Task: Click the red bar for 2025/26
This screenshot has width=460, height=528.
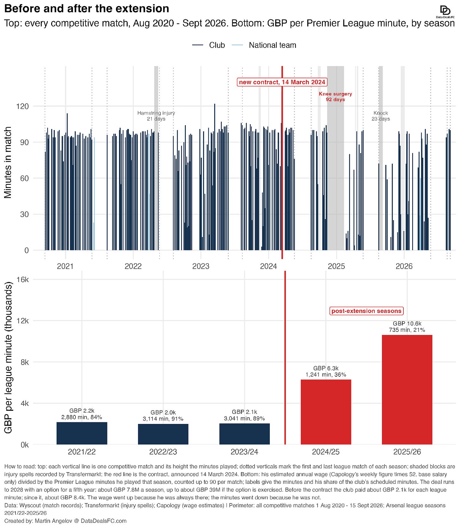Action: click(x=407, y=390)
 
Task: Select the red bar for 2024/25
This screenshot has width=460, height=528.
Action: click(x=326, y=412)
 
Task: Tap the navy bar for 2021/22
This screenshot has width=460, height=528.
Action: click(x=82, y=433)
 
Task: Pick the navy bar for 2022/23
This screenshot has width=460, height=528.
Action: click(x=163, y=434)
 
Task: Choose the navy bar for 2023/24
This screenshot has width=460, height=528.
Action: click(x=245, y=434)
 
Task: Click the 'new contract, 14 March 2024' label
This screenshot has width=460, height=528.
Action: click(x=282, y=82)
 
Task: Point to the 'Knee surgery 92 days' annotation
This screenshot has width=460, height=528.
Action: click(x=335, y=97)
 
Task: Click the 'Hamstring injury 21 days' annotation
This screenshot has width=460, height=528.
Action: click(x=156, y=116)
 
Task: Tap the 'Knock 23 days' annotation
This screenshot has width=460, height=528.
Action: click(x=381, y=116)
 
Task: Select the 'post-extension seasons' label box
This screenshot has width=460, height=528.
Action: click(x=366, y=311)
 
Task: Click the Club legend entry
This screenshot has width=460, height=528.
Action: click(x=209, y=45)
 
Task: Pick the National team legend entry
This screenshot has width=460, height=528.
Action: click(x=264, y=45)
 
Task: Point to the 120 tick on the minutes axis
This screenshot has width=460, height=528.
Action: click(x=22, y=106)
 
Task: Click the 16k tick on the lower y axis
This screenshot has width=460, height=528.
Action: click(x=23, y=279)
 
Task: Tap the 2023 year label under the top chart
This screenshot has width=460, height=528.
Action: click(x=201, y=266)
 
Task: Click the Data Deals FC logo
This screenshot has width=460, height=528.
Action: click(x=445, y=12)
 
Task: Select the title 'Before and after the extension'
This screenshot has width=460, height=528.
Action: click(x=87, y=9)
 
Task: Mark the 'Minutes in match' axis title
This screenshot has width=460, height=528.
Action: click(x=8, y=162)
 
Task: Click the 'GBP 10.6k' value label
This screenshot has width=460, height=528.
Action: click(x=407, y=323)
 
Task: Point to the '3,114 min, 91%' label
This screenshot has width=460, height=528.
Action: click(x=163, y=419)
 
